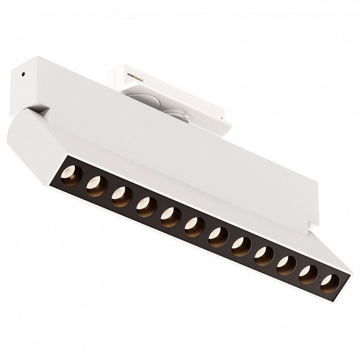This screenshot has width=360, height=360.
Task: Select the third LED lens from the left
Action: coord(120,196)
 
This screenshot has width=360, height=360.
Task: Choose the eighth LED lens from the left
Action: coord(240,244)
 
